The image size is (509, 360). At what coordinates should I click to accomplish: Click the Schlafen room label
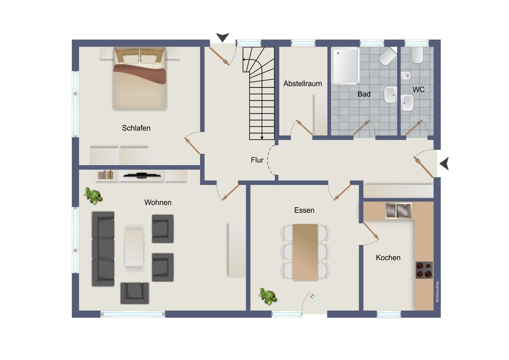[x=136, y=128]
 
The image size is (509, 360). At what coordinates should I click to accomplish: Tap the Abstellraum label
[x=302, y=84]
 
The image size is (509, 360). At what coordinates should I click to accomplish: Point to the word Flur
[x=257, y=160]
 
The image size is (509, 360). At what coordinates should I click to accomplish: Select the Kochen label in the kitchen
[x=388, y=258]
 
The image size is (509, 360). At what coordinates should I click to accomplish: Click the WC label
[x=418, y=90]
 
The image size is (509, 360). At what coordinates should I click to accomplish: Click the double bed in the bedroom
[x=140, y=79]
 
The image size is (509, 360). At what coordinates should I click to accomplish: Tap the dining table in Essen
[x=305, y=252]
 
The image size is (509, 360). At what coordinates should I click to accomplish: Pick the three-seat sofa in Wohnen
[x=103, y=249]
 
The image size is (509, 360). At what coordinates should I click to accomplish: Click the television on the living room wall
[x=142, y=175]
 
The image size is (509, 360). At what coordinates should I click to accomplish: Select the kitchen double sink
[x=398, y=211]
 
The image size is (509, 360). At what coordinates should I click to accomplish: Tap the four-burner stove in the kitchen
[x=424, y=270]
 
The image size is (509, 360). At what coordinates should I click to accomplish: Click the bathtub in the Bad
[x=345, y=66]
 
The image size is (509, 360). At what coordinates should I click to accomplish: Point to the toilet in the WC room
[x=417, y=55]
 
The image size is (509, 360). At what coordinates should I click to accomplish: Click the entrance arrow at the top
[x=222, y=37]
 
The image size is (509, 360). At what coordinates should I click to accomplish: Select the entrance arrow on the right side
[x=445, y=163]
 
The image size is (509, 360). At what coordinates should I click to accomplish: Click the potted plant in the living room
[x=93, y=196]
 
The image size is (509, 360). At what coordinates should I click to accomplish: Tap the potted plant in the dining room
[x=268, y=297]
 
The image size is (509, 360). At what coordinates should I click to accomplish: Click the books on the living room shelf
[x=105, y=175]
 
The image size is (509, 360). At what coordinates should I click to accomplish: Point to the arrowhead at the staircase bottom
[x=262, y=138]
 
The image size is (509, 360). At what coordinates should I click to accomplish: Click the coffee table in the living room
[x=134, y=247]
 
